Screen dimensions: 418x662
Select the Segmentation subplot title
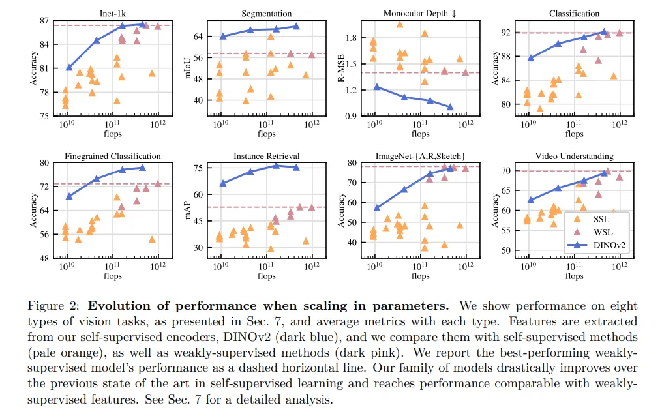pyautogui.click(x=266, y=13)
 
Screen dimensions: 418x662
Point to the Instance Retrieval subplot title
pyautogui.click(x=266, y=157)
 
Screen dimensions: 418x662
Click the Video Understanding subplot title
pyautogui.click(x=574, y=157)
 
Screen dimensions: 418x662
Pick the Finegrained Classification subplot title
pyautogui.click(x=112, y=157)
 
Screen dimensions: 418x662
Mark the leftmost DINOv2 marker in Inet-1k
pyautogui.click(x=69, y=67)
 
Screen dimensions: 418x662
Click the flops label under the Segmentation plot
pyautogui.click(x=266, y=134)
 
